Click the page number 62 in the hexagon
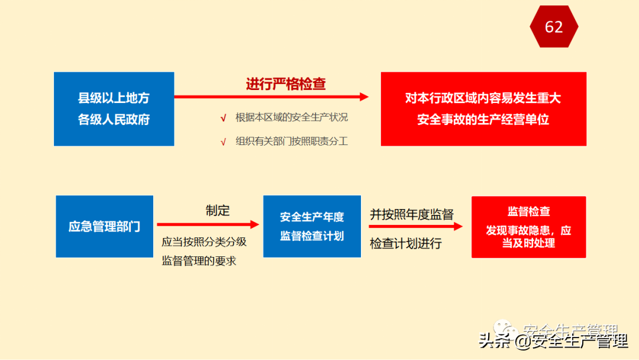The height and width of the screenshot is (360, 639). pyautogui.click(x=554, y=27)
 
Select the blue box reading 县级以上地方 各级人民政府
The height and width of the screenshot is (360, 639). pyautogui.click(x=114, y=109)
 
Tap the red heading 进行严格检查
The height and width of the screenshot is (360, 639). pyautogui.click(x=286, y=84)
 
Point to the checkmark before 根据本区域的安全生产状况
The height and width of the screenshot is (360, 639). pyautogui.click(x=223, y=118)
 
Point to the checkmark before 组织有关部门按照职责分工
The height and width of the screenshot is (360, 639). pyautogui.click(x=223, y=142)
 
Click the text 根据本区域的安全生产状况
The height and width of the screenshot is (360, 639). pyautogui.click(x=292, y=117)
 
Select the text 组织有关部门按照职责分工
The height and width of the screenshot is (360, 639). pyautogui.click(x=292, y=142)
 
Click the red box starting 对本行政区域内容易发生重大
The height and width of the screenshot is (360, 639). pyautogui.click(x=483, y=109)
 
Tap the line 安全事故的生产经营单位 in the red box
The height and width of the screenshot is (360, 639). pyautogui.click(x=483, y=120)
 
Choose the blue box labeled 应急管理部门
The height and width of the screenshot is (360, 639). pyautogui.click(x=105, y=227)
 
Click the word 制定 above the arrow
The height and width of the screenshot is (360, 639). pyautogui.click(x=218, y=210)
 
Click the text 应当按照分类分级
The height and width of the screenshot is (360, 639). pyautogui.click(x=204, y=242)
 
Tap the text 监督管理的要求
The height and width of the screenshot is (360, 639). pyautogui.click(x=199, y=261)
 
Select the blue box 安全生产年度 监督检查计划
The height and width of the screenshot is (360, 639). pyautogui.click(x=312, y=227)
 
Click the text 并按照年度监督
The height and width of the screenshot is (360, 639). pyautogui.click(x=412, y=214)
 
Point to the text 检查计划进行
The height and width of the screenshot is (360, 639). pyautogui.click(x=406, y=243)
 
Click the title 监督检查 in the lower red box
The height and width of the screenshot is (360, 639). pyautogui.click(x=528, y=212)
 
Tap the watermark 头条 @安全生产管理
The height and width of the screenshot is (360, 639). pyautogui.click(x=553, y=341)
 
